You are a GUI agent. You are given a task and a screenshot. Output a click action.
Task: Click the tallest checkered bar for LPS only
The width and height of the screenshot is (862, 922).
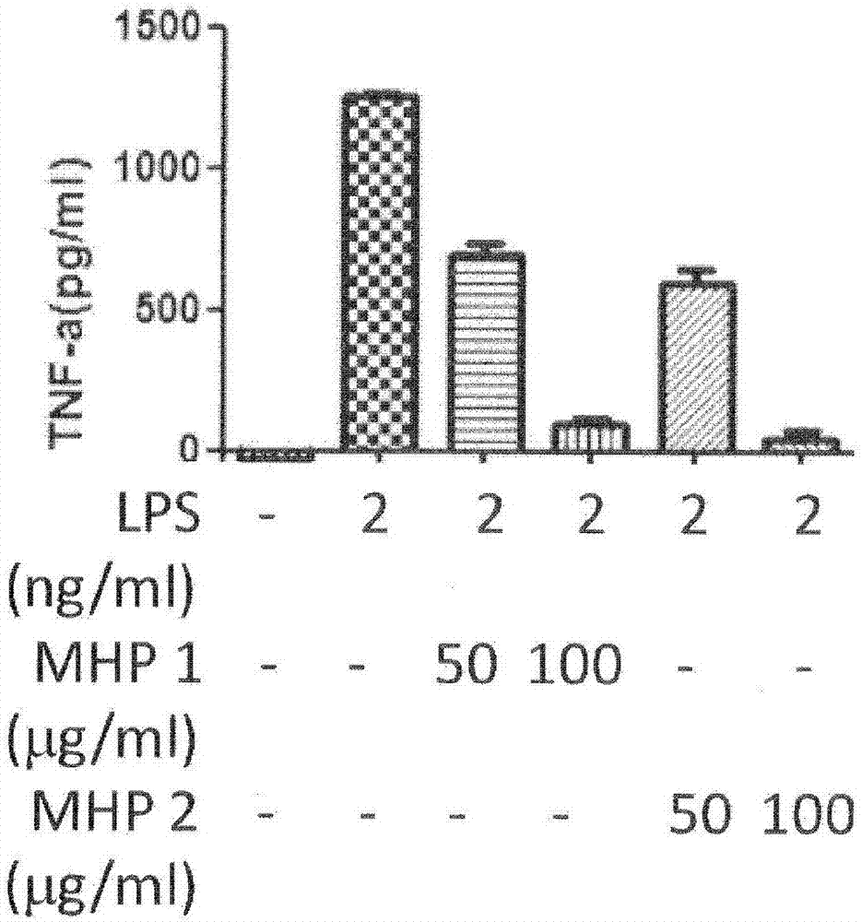tap(379, 273)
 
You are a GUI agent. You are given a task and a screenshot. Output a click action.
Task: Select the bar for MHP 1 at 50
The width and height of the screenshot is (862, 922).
tap(487, 352)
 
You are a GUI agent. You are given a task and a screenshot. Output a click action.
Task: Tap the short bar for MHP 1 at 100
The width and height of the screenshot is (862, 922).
tap(590, 436)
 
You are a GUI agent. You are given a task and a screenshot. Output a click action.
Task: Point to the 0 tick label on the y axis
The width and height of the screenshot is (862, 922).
tap(188, 451)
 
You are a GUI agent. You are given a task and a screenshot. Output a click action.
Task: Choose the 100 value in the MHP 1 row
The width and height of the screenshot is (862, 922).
tap(573, 666)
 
